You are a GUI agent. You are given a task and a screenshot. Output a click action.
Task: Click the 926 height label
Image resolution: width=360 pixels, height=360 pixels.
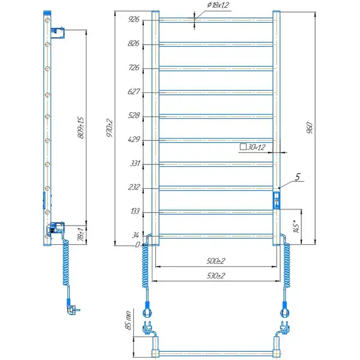point(134,19)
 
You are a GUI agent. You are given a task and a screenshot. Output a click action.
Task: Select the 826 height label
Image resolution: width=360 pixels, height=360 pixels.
point(133,43)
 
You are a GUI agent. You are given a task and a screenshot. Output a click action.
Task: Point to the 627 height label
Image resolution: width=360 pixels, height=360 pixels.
point(133,92)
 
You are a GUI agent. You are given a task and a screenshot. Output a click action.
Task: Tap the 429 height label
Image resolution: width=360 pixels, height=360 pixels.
point(134,139)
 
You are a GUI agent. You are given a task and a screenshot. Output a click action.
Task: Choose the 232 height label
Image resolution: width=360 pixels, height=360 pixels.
point(134,187)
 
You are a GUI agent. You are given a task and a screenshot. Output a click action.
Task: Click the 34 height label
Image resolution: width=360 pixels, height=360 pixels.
point(136,235)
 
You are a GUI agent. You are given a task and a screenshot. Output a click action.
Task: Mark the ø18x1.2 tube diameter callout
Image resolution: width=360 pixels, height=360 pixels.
point(218,5)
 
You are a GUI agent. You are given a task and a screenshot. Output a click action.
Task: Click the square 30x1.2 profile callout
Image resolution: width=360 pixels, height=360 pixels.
point(253,147)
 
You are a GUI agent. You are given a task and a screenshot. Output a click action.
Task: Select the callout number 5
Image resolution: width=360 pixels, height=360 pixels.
point(298,177)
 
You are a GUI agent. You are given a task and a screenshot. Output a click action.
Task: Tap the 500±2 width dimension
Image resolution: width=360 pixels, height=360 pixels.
point(216,261)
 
